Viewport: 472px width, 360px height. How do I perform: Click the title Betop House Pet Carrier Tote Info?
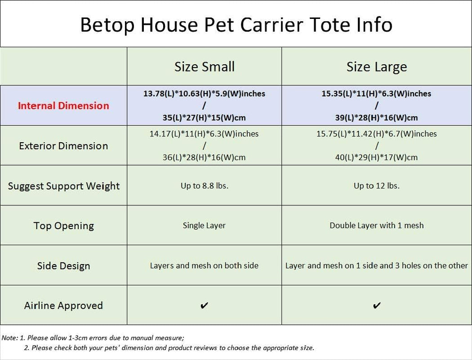236,24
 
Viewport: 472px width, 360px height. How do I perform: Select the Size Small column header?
205,67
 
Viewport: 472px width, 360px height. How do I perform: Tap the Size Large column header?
377,67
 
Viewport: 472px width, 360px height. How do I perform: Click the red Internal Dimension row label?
63,106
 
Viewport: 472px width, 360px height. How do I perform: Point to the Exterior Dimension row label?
63,146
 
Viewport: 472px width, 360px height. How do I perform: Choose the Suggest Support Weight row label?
64,186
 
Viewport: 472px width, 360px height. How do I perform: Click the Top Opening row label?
63,225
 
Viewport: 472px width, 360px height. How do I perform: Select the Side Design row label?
63,265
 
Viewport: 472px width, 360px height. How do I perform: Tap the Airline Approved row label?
63,306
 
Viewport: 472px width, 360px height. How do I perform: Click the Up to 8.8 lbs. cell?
205,185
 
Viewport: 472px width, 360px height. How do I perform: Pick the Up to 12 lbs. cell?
377,185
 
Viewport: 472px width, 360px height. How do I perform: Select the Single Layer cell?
204,225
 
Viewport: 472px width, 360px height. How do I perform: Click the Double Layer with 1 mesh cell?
377,225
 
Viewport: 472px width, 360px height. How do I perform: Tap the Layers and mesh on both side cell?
204,265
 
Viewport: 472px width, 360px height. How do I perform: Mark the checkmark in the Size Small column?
204,306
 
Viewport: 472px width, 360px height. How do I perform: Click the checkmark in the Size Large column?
377,306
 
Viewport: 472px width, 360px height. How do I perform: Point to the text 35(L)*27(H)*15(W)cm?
204,118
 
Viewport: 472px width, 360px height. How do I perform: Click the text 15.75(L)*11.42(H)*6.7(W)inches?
377,134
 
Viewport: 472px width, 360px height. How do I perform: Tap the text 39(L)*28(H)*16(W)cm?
377,118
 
